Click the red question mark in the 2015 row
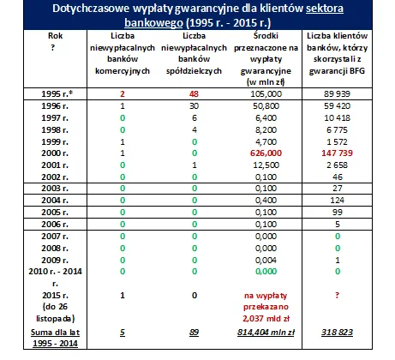coord(338,296)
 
